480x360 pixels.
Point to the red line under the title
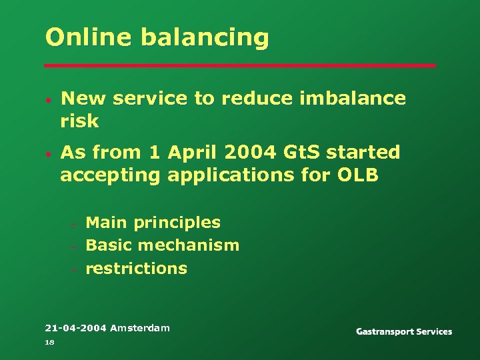pos(240,66)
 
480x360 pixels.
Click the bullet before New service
pos(49,100)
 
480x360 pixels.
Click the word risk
pos(79,121)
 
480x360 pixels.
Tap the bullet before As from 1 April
pos(49,154)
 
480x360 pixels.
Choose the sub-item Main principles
pos(153,223)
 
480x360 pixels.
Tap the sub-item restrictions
pos(137,269)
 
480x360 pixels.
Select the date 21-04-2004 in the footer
pos(75,327)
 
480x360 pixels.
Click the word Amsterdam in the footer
pos(140,327)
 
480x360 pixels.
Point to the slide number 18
pos(49,342)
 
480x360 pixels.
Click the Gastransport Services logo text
pos(404,331)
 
